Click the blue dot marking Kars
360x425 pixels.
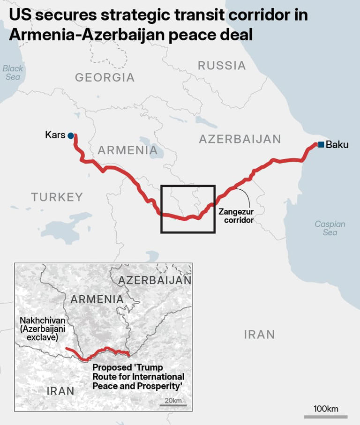pyautogui.click(x=71, y=135)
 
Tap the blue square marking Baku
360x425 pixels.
pyautogui.click(x=321, y=144)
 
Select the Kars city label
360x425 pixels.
pyautogui.click(x=55, y=135)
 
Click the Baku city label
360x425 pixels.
pyautogui.click(x=337, y=144)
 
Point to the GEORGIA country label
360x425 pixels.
pyautogui.click(x=105, y=77)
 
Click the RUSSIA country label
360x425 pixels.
pyautogui.click(x=222, y=66)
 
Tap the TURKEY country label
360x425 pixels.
pyautogui.click(x=57, y=197)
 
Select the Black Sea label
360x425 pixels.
pyautogui.click(x=13, y=73)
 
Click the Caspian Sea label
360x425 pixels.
pyautogui.click(x=330, y=228)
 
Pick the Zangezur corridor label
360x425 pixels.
pyautogui.click(x=236, y=216)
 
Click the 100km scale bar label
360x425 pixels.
pyautogui.click(x=326, y=409)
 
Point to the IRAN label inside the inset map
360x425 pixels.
pyautogui.click(x=60, y=391)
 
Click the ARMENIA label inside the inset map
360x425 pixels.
pyautogui.click(x=97, y=299)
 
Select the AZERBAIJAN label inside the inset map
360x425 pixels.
pyautogui.click(x=155, y=280)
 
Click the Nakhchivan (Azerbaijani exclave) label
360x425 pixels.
pyautogui.click(x=43, y=328)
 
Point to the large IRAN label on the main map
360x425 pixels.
pyautogui.click(x=259, y=335)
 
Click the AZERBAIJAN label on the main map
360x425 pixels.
pyautogui.click(x=240, y=139)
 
